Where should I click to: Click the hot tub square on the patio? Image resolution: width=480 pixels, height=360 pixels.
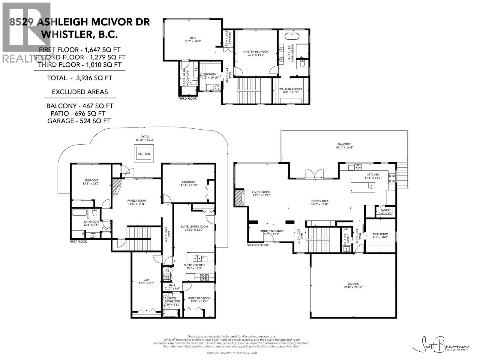tap(144, 154)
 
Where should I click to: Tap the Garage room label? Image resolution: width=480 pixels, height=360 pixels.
tap(353, 284)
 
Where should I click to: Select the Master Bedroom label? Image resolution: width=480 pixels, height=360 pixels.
tap(256, 52)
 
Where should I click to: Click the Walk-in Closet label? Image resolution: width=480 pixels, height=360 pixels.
tap(290, 89)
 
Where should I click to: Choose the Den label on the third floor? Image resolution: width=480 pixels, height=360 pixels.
tap(193, 38)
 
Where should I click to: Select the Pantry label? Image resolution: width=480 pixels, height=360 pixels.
tap(385, 211)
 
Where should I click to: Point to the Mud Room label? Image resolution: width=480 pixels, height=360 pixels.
tap(380, 234)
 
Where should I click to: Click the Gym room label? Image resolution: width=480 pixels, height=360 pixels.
tap(146, 280)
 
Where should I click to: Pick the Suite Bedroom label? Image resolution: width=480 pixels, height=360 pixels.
tap(199, 298)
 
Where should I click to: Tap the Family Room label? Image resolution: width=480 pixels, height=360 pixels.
tap(136, 201)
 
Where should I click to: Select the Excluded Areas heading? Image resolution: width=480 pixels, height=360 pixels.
tap(80, 92)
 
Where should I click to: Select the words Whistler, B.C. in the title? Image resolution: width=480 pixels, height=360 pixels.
tap(79, 34)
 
